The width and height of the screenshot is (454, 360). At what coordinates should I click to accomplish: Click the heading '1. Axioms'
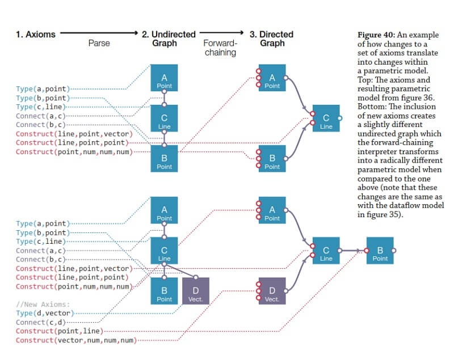[36, 34]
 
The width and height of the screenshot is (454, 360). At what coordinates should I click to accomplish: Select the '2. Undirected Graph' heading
[169, 38]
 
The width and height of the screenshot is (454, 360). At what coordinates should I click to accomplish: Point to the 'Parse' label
[99, 43]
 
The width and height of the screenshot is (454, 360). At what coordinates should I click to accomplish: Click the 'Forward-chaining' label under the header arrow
[220, 48]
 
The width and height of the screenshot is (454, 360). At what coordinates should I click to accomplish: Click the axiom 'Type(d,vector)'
[44, 313]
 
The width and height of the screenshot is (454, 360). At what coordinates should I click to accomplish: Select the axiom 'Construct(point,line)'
[58, 331]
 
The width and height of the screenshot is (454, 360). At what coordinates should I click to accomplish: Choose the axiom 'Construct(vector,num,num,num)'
[76, 340]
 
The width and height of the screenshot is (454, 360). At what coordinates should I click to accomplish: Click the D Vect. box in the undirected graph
[196, 291]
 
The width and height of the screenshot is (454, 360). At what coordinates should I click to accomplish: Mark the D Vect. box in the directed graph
[272, 291]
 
